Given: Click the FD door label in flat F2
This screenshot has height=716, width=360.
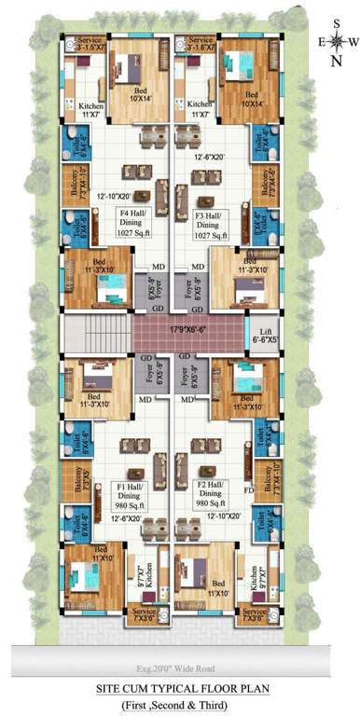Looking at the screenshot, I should point(248,488).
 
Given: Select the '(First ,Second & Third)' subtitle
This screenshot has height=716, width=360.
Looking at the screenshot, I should point(181,704).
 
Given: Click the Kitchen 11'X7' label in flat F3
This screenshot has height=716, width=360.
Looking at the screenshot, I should point(199,109).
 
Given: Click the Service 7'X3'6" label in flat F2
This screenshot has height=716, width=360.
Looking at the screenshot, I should point(253,614).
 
